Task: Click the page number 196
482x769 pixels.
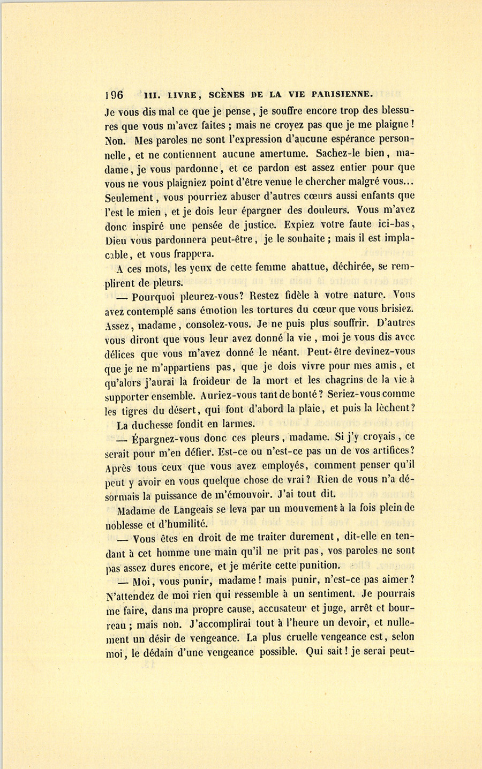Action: [114, 95]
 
